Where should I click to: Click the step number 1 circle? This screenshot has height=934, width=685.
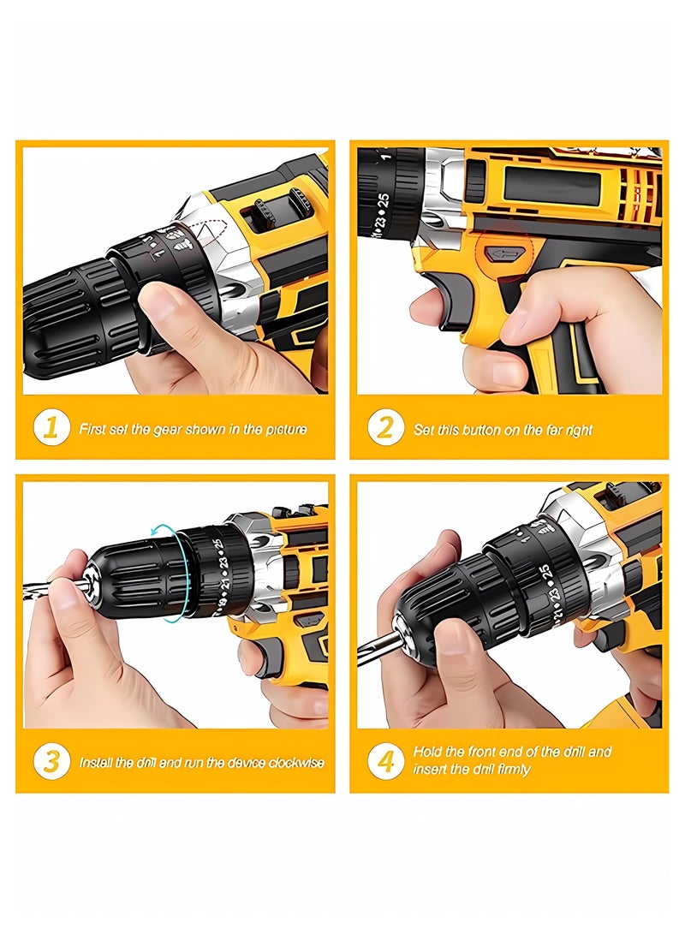[51, 428]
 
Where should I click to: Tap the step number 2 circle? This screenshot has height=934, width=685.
[385, 428]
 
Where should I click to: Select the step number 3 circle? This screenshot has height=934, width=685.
[51, 761]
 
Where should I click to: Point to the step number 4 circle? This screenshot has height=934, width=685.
[385, 760]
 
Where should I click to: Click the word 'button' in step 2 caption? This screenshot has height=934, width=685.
[488, 430]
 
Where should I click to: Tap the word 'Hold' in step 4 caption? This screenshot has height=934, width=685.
[428, 751]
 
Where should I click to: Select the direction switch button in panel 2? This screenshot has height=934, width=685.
[504, 254]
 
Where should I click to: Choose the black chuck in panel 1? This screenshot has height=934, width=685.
[73, 308]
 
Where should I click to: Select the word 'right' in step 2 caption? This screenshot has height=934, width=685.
[578, 430]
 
